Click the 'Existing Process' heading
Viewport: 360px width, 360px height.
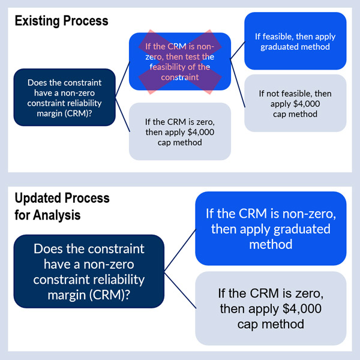pos(61,21)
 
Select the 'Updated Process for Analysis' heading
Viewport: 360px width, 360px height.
pos(62,206)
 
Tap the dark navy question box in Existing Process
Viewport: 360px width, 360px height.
pos(65,97)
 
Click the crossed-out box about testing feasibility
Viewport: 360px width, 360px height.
pos(180,61)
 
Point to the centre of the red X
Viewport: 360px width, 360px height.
pos(180,61)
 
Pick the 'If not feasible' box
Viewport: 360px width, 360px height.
pos(295,103)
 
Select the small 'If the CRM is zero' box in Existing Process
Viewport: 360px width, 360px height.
pos(180,131)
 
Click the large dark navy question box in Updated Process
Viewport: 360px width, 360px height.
pos(89,271)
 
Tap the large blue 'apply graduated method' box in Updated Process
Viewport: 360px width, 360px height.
pos(271,229)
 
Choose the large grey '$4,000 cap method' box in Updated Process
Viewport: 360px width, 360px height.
pos(271,309)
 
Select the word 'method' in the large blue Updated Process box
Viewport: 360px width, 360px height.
pos(271,244)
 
